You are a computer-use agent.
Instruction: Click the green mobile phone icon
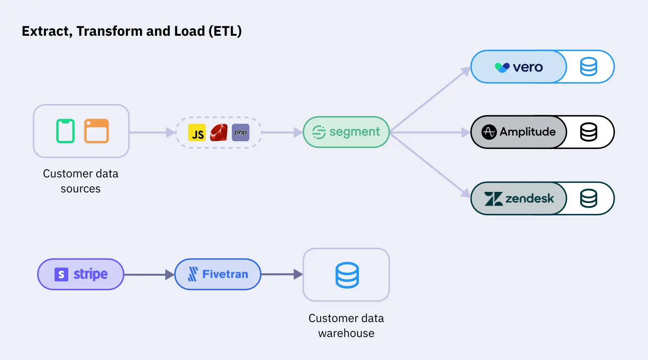click(x=65, y=131)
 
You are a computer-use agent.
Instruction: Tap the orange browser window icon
click(x=96, y=131)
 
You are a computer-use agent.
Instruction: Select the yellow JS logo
click(x=197, y=133)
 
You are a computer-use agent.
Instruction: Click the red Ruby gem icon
click(x=219, y=133)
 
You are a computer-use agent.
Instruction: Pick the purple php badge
click(x=241, y=133)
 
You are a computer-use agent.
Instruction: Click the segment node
click(x=346, y=132)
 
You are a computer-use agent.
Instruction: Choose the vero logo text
click(x=528, y=67)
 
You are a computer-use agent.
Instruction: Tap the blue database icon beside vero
click(x=588, y=67)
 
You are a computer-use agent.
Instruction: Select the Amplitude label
click(x=527, y=132)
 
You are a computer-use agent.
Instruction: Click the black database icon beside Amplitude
click(x=588, y=132)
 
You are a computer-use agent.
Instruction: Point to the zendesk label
click(x=529, y=199)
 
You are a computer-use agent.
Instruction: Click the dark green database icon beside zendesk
click(x=588, y=199)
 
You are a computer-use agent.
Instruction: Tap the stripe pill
click(x=81, y=274)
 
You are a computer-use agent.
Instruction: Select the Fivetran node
click(x=218, y=274)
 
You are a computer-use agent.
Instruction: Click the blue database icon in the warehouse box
click(x=347, y=275)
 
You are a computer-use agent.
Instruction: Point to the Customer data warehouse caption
click(x=346, y=325)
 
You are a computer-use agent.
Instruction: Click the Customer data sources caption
click(x=81, y=181)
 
